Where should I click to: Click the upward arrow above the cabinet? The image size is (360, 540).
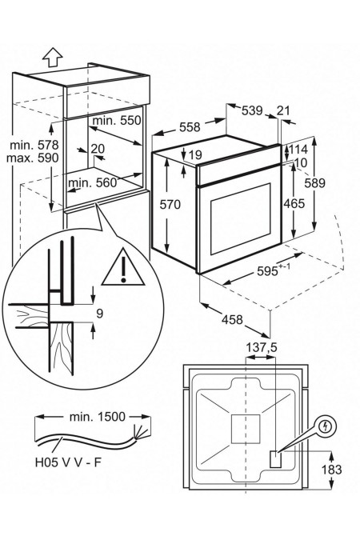(x=52, y=57)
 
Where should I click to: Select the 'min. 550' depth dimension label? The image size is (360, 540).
(x=117, y=120)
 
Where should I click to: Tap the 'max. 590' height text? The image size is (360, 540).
(x=32, y=158)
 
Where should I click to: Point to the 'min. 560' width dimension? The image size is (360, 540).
(x=93, y=182)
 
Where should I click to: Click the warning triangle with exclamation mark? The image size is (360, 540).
(x=123, y=267)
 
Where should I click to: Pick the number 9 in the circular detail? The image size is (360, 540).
(x=99, y=314)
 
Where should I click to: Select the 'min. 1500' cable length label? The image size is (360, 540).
(x=98, y=417)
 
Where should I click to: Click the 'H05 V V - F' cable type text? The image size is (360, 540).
(x=69, y=462)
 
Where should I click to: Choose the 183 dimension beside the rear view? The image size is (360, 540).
(x=331, y=470)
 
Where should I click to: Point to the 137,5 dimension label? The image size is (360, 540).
(x=261, y=347)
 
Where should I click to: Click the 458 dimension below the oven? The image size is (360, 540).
(x=232, y=319)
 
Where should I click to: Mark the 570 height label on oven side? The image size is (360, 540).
(x=170, y=205)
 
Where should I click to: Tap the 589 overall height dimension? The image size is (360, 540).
(x=314, y=183)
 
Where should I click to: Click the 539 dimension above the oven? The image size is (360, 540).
(x=252, y=111)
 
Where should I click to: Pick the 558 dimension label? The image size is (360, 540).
(x=190, y=127)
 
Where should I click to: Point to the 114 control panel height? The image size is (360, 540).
(x=298, y=150)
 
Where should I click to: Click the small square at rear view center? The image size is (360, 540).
(x=246, y=429)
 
